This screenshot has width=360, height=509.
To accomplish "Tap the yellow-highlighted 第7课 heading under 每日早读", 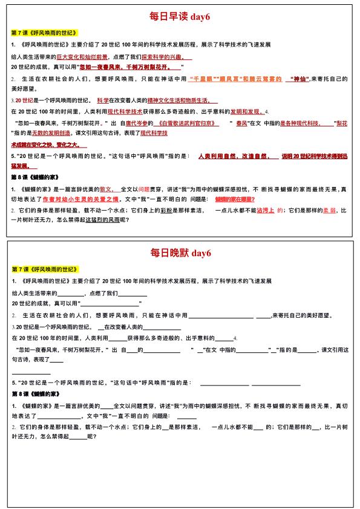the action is coord(45,32).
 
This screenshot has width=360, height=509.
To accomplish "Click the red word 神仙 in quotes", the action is coord(296,79).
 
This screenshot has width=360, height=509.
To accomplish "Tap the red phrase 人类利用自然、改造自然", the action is coord(233,156).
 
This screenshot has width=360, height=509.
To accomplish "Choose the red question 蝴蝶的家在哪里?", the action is coord(235,199).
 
